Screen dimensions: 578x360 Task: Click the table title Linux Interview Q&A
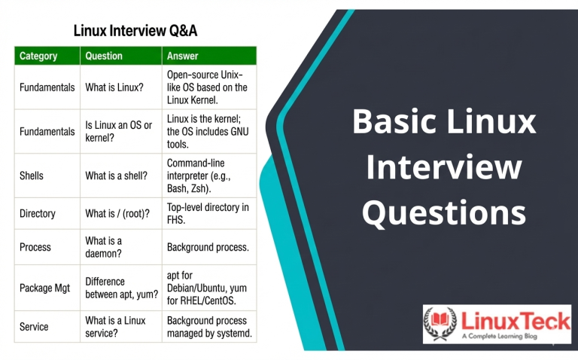pyautogui.click(x=135, y=31)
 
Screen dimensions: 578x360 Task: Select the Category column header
pyautogui.click(x=38, y=56)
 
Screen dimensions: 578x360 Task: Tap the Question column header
pyautogui.click(x=104, y=56)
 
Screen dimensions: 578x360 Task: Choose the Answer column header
pyautogui.click(x=182, y=56)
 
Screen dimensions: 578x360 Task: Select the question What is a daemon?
pyautogui.click(x=104, y=247)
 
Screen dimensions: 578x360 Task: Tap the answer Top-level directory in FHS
pyautogui.click(x=208, y=214)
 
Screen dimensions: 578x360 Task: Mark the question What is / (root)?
pyautogui.click(x=117, y=214)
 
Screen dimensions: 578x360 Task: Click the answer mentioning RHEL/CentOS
pyautogui.click(x=207, y=288)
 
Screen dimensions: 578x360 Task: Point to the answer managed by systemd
pyautogui.click(x=209, y=327)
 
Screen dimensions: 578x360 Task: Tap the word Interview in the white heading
pyautogui.click(x=444, y=166)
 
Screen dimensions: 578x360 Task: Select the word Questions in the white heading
pyautogui.click(x=444, y=212)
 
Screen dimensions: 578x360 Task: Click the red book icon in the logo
pyautogui.click(x=440, y=319)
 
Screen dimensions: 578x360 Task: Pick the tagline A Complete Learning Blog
pyautogui.click(x=499, y=336)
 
